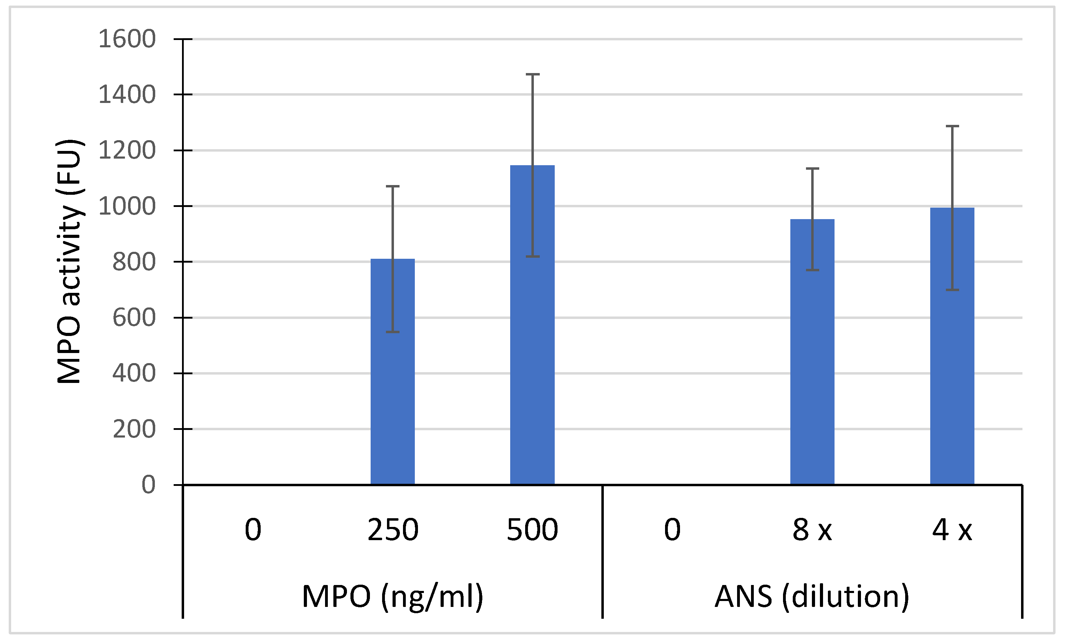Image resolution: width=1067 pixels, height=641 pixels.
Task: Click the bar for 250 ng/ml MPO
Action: tap(393, 371)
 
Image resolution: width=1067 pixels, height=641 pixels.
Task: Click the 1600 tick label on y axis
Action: tap(127, 39)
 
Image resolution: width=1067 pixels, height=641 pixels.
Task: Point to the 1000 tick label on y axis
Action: tap(127, 206)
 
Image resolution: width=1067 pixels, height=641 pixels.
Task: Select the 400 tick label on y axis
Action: tap(134, 373)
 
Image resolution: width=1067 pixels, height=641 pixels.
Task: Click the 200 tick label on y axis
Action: tap(134, 429)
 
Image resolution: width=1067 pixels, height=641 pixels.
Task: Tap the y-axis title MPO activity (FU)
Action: tap(69, 261)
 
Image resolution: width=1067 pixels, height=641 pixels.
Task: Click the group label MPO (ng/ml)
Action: tap(393, 596)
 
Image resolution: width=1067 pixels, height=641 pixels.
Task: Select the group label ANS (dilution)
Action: tap(812, 596)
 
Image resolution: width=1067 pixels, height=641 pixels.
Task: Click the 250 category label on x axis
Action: tap(393, 530)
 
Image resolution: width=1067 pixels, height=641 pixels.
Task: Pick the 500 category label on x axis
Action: tap(532, 530)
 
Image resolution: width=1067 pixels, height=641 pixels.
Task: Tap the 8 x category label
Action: tap(812, 530)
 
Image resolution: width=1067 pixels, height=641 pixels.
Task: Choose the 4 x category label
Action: tap(952, 530)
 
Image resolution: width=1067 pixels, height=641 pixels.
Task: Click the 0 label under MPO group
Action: tap(253, 530)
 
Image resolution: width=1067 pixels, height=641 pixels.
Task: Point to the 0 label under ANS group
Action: tap(672, 530)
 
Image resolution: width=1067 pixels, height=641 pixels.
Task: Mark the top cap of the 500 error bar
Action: tap(532, 75)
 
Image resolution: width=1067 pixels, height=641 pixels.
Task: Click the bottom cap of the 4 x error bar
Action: tap(952, 290)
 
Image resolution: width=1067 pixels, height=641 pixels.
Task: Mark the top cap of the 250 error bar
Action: tap(393, 186)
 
